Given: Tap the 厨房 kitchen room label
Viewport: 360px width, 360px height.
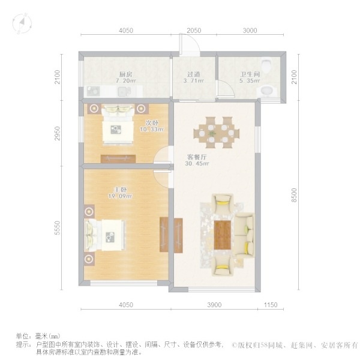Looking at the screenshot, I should tap(125, 74).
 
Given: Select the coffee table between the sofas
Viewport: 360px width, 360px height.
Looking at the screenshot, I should tap(223, 233).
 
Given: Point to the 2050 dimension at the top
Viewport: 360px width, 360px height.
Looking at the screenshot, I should tap(194, 30).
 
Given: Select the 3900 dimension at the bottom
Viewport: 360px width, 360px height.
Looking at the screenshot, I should tap(215, 305).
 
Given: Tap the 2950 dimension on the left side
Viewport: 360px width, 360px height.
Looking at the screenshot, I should tap(57, 133).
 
